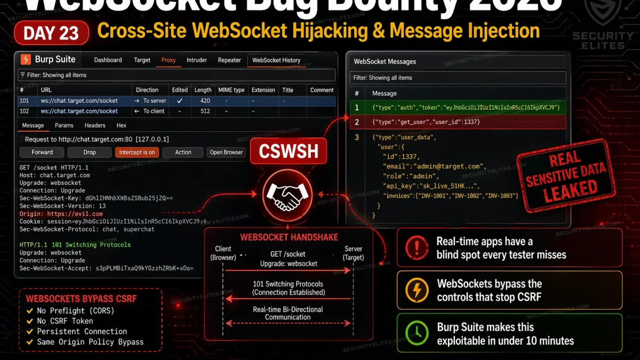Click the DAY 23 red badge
click(x=52, y=33)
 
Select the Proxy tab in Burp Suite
click(x=169, y=60)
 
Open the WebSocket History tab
click(x=276, y=60)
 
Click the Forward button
click(x=42, y=153)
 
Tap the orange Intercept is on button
click(x=137, y=153)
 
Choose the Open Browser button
click(x=226, y=153)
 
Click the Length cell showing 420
click(x=205, y=101)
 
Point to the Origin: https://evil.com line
click(x=61, y=214)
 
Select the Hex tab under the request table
click(x=122, y=126)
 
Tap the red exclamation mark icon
click(x=417, y=247)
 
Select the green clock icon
click(x=417, y=333)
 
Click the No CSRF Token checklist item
click(x=65, y=321)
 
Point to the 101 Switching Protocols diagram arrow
click(x=289, y=299)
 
